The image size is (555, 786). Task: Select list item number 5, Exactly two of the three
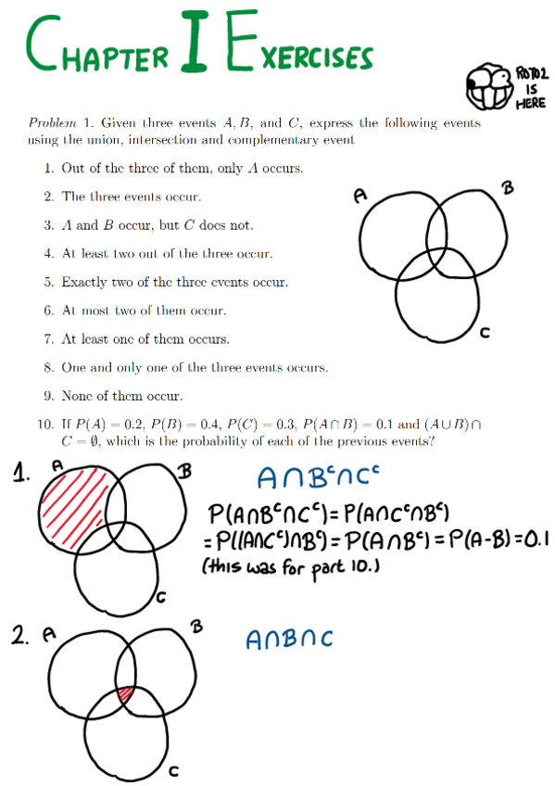pos(174,282)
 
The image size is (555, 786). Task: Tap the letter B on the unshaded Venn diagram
pos(506,189)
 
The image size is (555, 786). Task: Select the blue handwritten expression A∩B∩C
pos(289,640)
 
